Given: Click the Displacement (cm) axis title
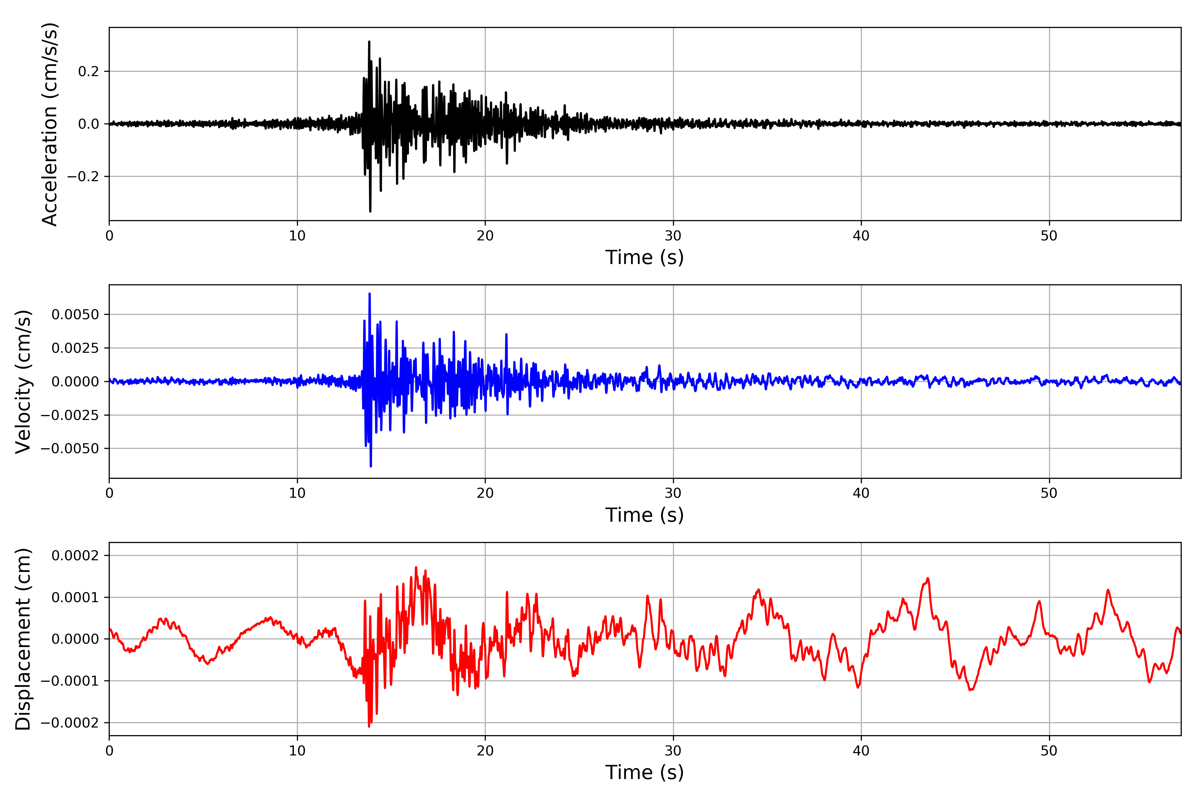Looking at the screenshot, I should [23, 639].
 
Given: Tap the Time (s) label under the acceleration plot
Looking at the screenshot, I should [644, 257].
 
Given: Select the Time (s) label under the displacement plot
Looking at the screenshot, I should [644, 772].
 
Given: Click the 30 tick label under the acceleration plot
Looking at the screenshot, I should [673, 236].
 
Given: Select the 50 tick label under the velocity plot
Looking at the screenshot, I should [1049, 493].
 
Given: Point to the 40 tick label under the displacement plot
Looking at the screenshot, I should [861, 751].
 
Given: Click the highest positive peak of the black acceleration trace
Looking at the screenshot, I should [369, 42].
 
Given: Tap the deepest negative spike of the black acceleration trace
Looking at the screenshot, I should [370, 211].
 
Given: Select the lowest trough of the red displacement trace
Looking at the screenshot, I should [369, 726].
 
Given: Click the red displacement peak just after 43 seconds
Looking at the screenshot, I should [928, 579].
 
